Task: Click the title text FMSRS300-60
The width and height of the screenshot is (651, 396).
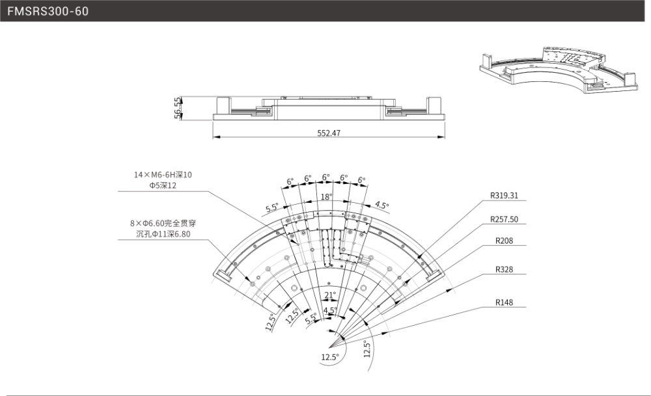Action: point(48,12)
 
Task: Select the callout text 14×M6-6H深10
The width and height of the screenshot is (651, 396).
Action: point(162,175)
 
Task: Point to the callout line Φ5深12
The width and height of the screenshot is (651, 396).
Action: point(163,185)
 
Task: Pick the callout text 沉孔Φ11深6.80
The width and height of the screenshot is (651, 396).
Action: point(163,234)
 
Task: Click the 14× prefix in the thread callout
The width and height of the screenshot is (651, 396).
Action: point(141,175)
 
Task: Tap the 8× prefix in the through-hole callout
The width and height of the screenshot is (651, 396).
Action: point(136,224)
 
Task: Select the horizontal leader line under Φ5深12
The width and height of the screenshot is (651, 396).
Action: point(163,192)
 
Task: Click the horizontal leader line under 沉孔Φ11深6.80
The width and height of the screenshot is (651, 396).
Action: point(163,240)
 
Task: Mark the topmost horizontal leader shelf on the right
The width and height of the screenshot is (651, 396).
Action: point(505,201)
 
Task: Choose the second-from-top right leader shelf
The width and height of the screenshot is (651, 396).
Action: point(505,224)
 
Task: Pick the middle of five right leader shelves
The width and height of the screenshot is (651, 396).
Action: point(505,246)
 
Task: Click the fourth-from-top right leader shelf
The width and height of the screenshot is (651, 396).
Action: point(505,274)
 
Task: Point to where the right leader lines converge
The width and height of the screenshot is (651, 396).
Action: point(330,345)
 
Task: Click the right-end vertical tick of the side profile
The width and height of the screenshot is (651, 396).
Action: point(445,130)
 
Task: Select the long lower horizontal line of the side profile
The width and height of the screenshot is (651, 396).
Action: point(329,137)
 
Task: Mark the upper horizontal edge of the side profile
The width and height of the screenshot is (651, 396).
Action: point(231,97)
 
